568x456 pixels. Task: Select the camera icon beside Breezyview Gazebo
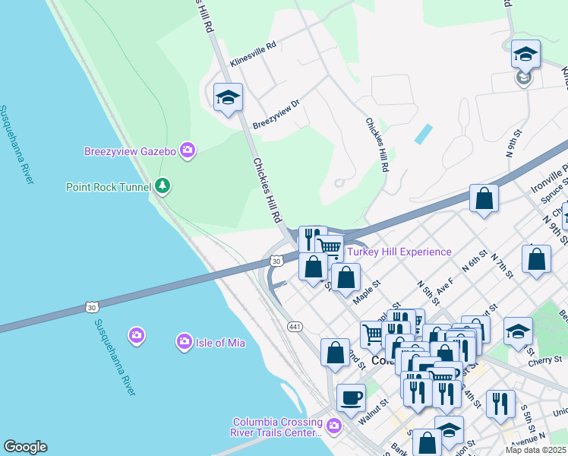pyautogui.click(x=188, y=150)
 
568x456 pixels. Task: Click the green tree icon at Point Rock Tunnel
pyautogui.click(x=162, y=185)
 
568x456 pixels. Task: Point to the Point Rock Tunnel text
pyautogui.click(x=109, y=186)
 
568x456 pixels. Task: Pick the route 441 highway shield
pyautogui.click(x=295, y=326)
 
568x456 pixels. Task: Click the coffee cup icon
pyautogui.click(x=351, y=396)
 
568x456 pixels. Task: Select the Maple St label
pyautogui.click(x=367, y=293)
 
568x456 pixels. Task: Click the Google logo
pyautogui.click(x=25, y=446)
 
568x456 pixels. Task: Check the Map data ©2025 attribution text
pyautogui.click(x=536, y=449)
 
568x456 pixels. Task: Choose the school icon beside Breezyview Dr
pyautogui.click(x=228, y=97)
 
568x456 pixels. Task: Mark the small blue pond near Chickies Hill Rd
pyautogui.click(x=423, y=135)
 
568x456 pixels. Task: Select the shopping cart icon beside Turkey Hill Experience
pyautogui.click(x=329, y=246)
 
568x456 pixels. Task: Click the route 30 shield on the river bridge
pyautogui.click(x=92, y=307)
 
